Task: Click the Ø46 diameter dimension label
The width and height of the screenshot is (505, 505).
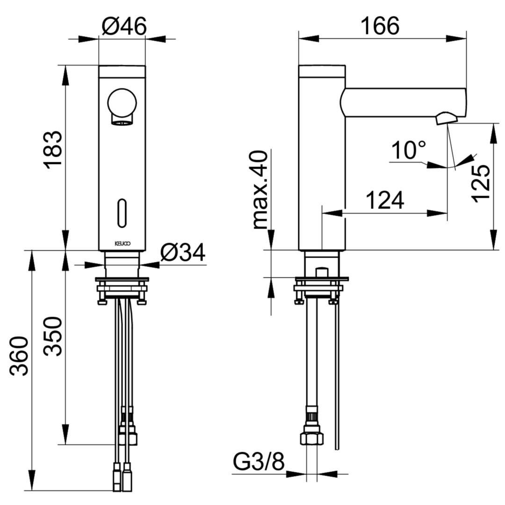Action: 124,26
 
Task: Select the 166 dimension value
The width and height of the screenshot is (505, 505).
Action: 380,26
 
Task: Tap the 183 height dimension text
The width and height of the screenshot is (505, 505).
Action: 52,150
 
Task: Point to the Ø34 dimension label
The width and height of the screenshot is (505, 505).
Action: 182,253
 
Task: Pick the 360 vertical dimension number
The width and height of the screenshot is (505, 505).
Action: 20,356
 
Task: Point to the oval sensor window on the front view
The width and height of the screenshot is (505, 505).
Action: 123,214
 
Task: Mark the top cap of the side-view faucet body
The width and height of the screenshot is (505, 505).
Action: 322,71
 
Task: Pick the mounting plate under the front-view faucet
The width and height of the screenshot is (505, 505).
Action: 122,281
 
